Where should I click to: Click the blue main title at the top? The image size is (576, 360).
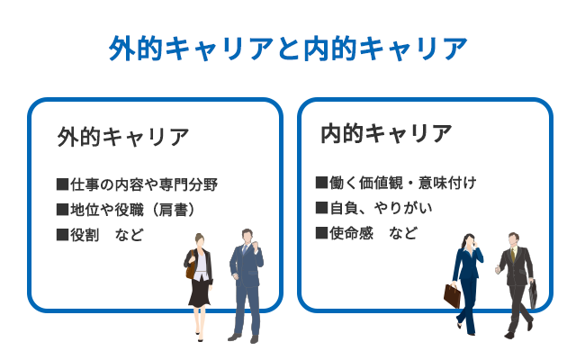pyautogui.click(x=288, y=48)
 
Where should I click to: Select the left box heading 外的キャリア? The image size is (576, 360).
pyautogui.click(x=123, y=137)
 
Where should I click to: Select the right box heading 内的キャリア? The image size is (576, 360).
pyautogui.click(x=386, y=133)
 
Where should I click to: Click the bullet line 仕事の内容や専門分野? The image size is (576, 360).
pyautogui.click(x=138, y=184)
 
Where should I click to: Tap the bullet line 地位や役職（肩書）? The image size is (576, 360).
pyautogui.click(x=126, y=210)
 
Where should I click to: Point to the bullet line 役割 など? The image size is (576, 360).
pyautogui.click(x=100, y=235)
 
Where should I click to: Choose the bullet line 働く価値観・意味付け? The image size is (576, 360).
pyautogui.click(x=396, y=183)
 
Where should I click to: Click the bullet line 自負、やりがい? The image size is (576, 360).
pyautogui.click(x=373, y=208)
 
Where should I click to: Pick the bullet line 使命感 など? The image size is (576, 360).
pyautogui.click(x=366, y=233)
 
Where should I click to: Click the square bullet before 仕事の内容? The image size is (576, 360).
pyautogui.click(x=62, y=184)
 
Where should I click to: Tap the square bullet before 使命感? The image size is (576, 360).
pyautogui.click(x=321, y=233)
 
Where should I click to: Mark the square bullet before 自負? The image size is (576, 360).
pyautogui.click(x=321, y=208)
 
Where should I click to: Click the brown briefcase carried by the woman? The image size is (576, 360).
pyautogui.click(x=452, y=296)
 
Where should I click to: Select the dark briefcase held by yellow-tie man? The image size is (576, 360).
pyautogui.click(x=533, y=294)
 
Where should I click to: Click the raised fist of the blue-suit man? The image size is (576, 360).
pyautogui.click(x=256, y=246)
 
